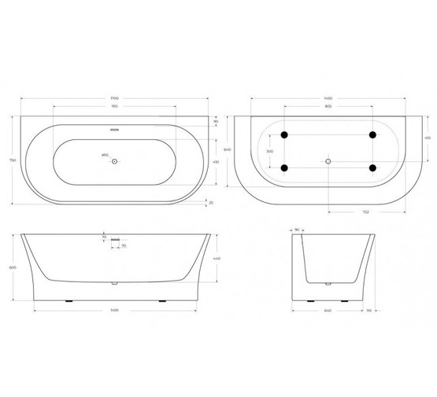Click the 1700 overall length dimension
click(115, 97)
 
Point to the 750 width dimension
click(11, 160)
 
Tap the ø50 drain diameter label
click(105, 156)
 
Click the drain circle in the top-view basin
click(115, 161)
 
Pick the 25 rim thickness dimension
click(210, 202)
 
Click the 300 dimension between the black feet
click(268, 151)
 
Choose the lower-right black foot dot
click(371, 167)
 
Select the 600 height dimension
click(11, 267)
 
